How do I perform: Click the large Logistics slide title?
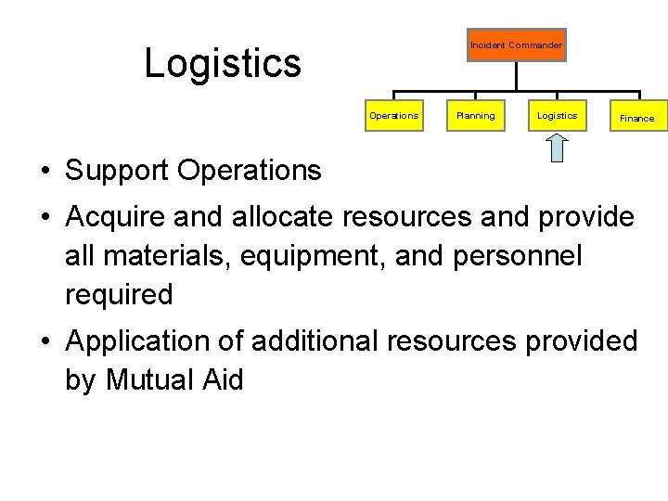click(x=223, y=64)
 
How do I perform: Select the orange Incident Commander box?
click(x=516, y=45)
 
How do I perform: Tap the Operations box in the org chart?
click(x=393, y=116)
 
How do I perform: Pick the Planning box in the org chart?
click(x=475, y=116)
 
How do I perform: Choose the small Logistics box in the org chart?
click(x=557, y=116)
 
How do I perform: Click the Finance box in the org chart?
click(x=636, y=118)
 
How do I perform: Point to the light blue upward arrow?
click(x=557, y=148)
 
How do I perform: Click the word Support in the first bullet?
click(x=118, y=171)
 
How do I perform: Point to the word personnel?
click(x=517, y=256)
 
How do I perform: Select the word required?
click(x=119, y=295)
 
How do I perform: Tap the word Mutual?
click(x=154, y=380)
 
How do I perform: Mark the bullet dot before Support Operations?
click(x=45, y=172)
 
